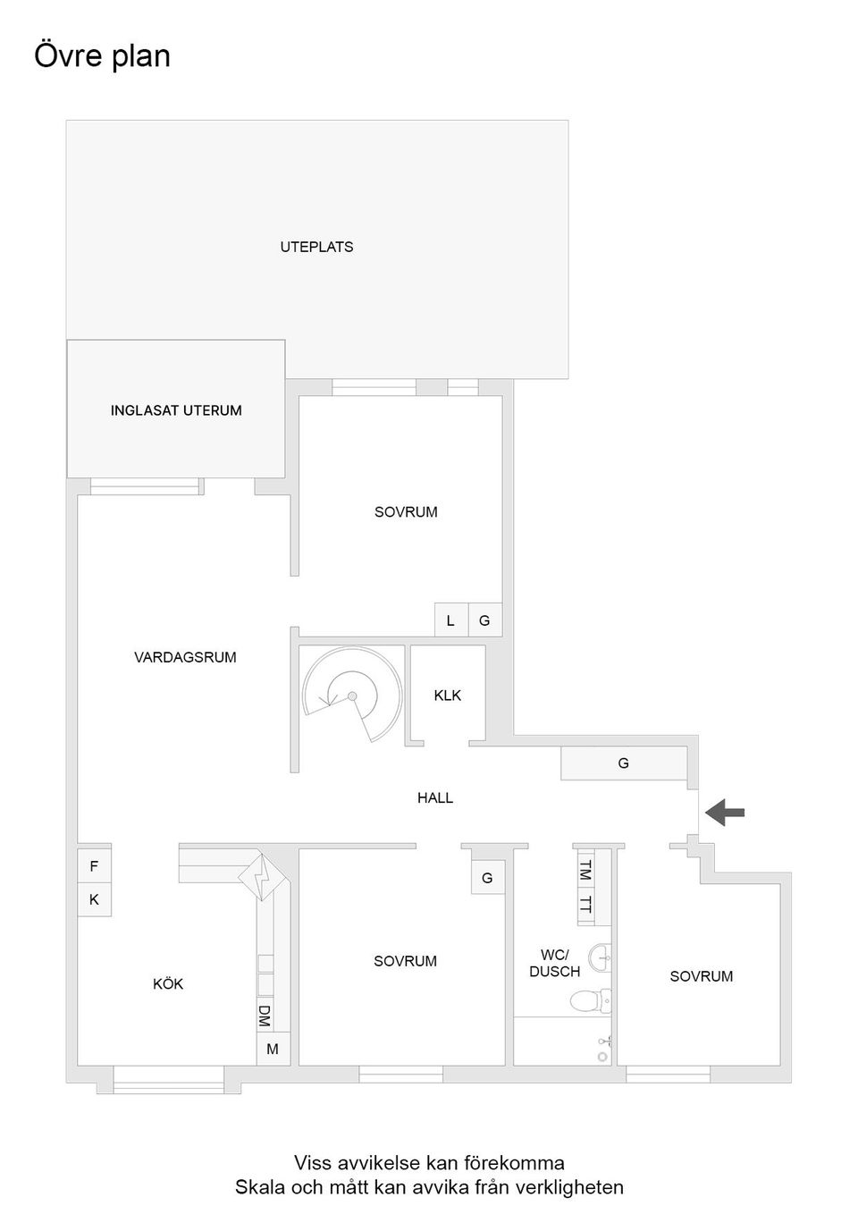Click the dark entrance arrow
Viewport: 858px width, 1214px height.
725,813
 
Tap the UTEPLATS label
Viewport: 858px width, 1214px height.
316,247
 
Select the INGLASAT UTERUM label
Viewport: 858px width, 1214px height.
176,410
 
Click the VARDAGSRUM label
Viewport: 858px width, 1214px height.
185,657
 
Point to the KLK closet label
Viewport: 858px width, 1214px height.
448,696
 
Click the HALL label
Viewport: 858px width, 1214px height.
435,797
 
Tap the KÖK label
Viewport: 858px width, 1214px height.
168,983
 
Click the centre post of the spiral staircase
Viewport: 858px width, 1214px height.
352,696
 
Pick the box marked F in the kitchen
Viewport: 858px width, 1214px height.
94,866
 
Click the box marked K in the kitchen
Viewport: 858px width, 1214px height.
94,899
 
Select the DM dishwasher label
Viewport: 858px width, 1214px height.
265,1016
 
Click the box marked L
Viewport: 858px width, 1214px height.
451,620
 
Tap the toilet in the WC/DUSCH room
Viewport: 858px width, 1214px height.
591,1000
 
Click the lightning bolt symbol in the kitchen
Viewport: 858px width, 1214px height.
262,878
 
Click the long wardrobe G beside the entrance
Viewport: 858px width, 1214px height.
624,763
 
